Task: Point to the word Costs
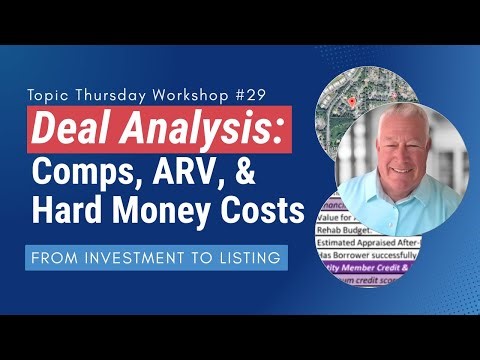(x=265, y=211)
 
